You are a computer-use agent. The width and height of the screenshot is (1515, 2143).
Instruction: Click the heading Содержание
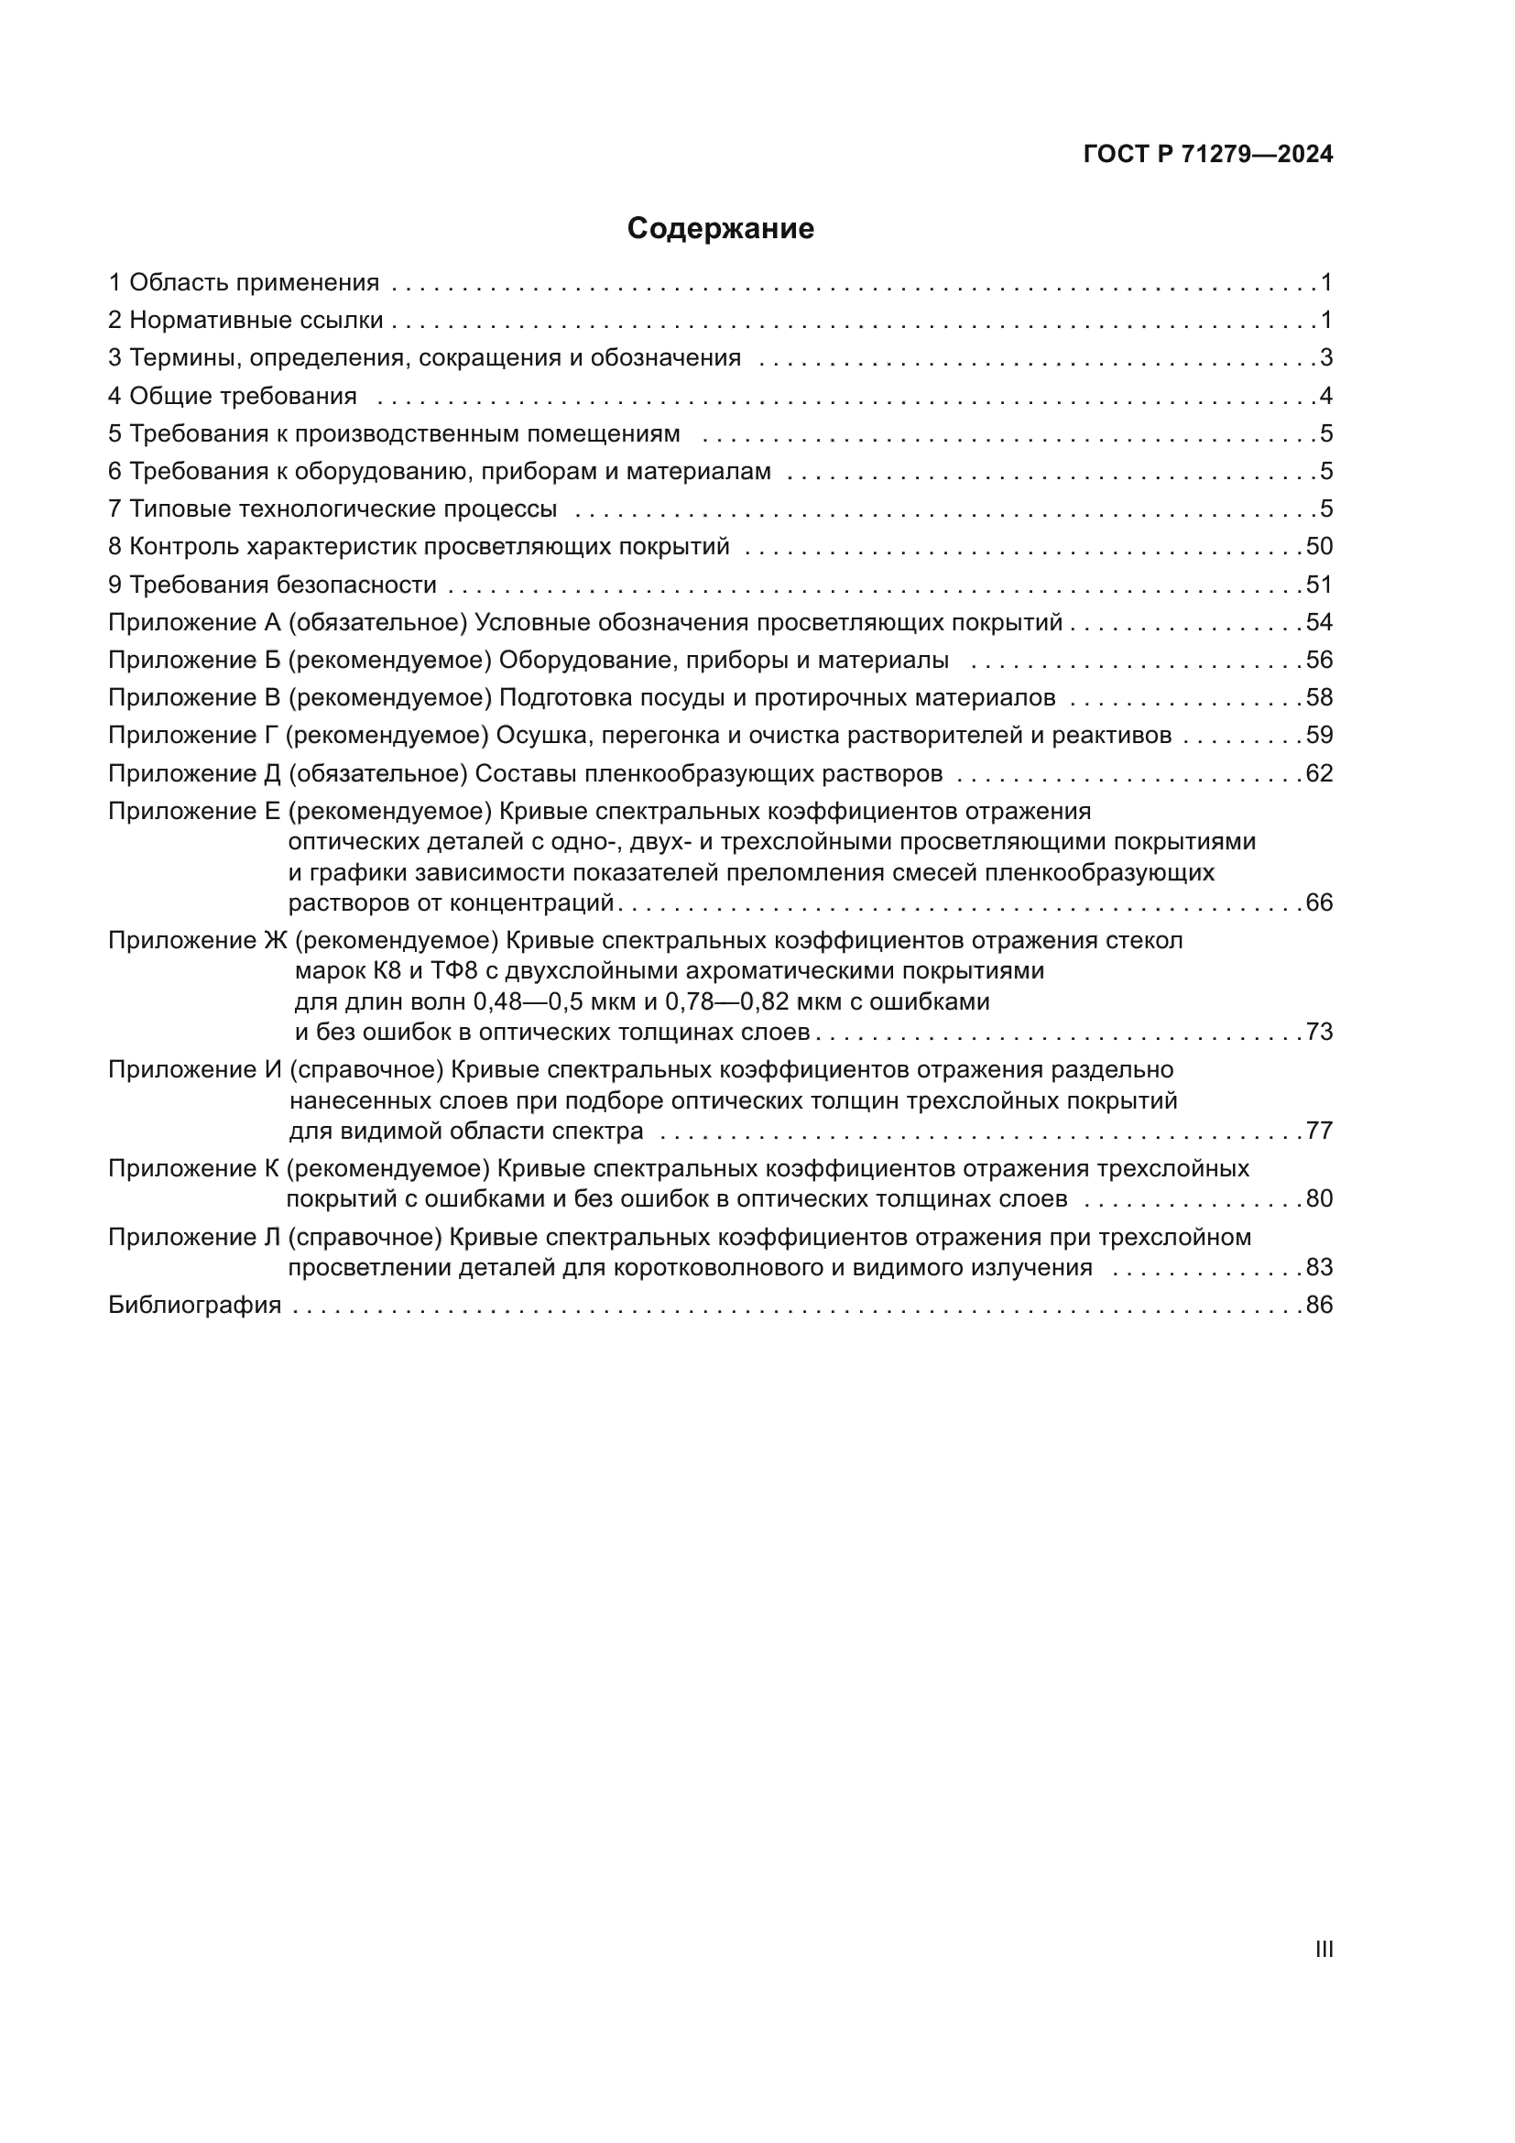click(x=719, y=229)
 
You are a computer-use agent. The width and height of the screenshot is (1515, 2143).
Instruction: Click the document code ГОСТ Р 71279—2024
click(x=1208, y=155)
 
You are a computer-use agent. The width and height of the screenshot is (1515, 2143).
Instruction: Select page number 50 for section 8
click(x=1319, y=547)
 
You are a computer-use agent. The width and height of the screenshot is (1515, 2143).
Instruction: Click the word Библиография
click(x=194, y=1305)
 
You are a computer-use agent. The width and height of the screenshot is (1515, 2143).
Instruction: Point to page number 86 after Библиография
click(x=1319, y=1305)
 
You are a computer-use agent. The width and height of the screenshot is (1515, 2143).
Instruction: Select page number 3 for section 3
click(x=1325, y=357)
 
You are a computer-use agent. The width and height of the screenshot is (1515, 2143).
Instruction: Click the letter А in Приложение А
click(x=272, y=622)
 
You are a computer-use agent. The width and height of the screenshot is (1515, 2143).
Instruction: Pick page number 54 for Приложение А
click(x=1319, y=622)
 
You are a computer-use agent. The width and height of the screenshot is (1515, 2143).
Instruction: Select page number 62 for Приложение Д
click(x=1319, y=774)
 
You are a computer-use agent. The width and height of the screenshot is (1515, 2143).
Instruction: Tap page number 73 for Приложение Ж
click(x=1319, y=1033)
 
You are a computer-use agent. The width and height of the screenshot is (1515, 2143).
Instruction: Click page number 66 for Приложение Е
click(x=1319, y=902)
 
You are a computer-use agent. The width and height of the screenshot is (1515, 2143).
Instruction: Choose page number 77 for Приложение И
click(x=1319, y=1132)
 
